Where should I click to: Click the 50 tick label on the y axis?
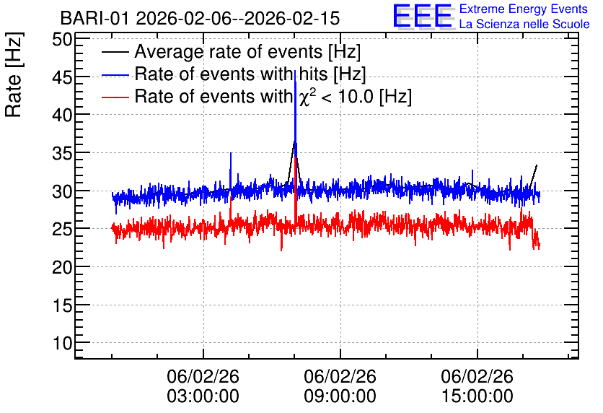click(x=62, y=39)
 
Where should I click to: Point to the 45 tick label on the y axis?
click(x=62, y=77)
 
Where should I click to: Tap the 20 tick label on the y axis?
click(x=62, y=267)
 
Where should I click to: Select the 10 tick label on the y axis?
click(x=62, y=343)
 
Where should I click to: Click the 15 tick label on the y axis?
click(x=62, y=305)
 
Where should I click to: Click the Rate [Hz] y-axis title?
click(x=14, y=74)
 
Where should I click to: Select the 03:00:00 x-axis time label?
click(x=203, y=396)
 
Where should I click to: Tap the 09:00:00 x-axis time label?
click(x=340, y=396)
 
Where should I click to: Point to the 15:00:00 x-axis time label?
click(x=477, y=396)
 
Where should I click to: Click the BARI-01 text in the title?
click(x=94, y=18)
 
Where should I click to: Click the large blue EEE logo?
click(x=422, y=16)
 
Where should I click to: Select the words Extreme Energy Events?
click(x=523, y=9)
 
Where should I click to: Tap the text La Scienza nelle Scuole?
click(x=524, y=25)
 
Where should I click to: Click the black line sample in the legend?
click(x=115, y=52)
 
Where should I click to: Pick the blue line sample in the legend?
click(x=115, y=74)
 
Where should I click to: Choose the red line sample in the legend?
click(x=115, y=97)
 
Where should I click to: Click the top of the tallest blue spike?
click(x=295, y=71)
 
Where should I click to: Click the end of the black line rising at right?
click(x=537, y=165)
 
